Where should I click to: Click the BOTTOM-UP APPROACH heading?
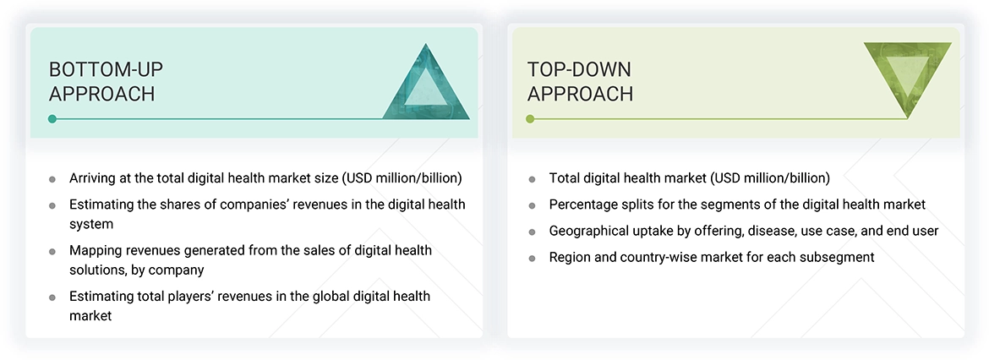102,81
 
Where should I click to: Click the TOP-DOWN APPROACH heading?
580,81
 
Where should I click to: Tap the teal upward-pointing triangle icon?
426,83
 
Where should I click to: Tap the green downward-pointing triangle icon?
908,79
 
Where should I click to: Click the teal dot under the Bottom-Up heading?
52,119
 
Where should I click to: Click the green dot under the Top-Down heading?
530,119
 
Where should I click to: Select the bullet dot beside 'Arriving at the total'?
52,179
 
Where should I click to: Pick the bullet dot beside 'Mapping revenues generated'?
52,251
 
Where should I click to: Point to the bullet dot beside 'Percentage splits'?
532,205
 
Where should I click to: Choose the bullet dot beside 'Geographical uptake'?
532,232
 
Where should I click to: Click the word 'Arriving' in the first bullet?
93,178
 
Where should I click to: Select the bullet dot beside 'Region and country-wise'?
532,258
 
